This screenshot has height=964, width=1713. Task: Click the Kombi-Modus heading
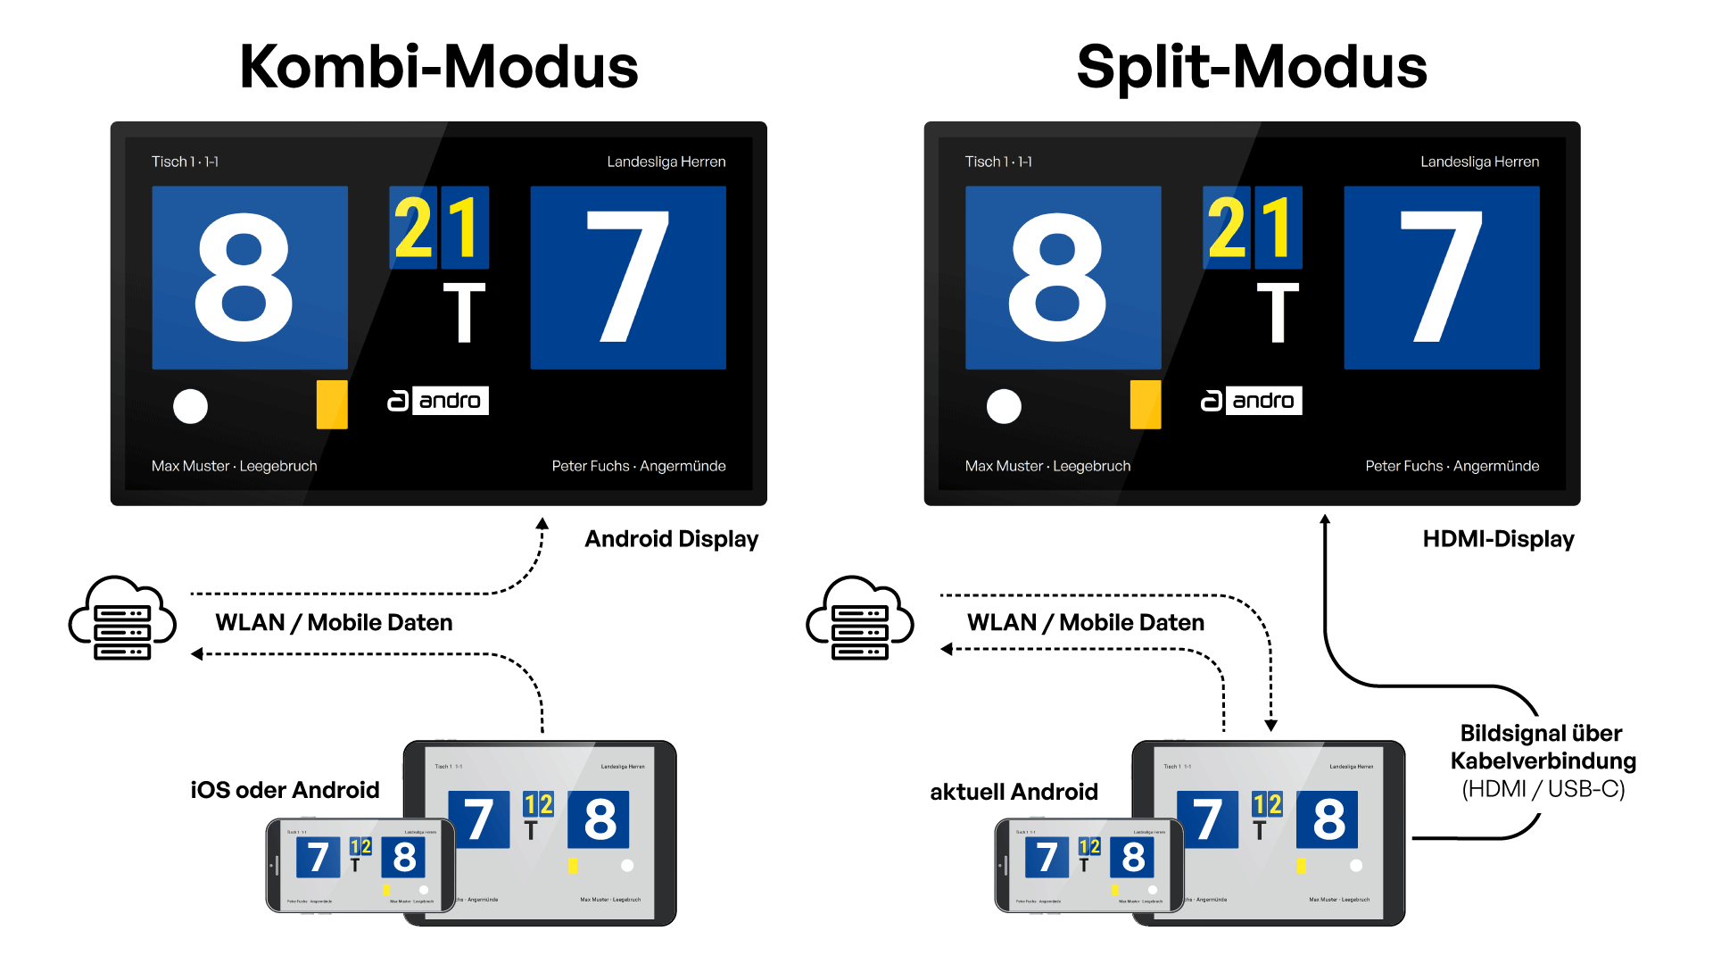(x=439, y=67)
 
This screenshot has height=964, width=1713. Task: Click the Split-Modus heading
(x=1252, y=67)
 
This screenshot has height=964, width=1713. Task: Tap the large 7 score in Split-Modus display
(x=1441, y=278)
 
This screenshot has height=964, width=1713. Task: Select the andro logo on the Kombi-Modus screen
(x=438, y=401)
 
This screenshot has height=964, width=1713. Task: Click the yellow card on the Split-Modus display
(x=1146, y=404)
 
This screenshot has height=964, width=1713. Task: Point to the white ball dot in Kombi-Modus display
(x=190, y=406)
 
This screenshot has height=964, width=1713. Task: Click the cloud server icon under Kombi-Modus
(x=122, y=618)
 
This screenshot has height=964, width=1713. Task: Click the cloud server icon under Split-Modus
(x=859, y=618)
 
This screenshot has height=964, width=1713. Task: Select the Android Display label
(x=671, y=539)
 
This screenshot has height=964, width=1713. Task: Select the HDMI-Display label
(x=1498, y=539)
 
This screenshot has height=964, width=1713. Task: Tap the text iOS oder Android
(x=285, y=790)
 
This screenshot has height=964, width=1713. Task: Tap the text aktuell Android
(x=1014, y=792)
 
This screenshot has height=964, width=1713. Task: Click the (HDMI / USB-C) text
(x=1543, y=789)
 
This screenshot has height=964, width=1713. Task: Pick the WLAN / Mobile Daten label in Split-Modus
(x=1085, y=622)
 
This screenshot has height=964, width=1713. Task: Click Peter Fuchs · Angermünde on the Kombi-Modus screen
(x=639, y=466)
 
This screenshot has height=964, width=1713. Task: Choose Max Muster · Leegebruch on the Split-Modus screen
(x=1047, y=466)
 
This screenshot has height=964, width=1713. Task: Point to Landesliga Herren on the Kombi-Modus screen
(x=666, y=162)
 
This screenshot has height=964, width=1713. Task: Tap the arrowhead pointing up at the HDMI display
(x=1325, y=519)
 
